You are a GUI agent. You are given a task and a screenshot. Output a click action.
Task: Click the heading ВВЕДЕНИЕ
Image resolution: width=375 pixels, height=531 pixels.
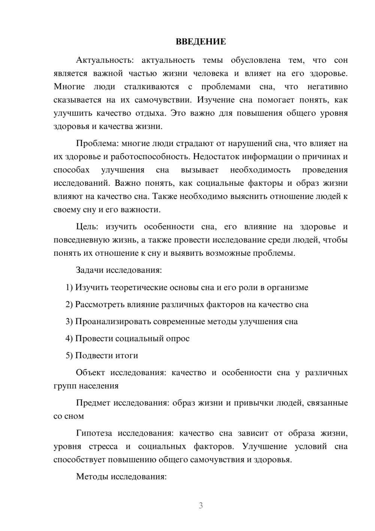201,42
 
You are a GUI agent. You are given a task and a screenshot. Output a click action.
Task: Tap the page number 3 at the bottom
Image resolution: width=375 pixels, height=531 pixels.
201,505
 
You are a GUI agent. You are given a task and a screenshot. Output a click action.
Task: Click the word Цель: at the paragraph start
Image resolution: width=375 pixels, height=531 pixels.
87,227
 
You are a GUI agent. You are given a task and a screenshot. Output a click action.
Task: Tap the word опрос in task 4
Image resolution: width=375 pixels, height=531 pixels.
177,339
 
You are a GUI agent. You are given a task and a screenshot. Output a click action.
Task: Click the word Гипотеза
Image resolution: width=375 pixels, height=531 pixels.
94,433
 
